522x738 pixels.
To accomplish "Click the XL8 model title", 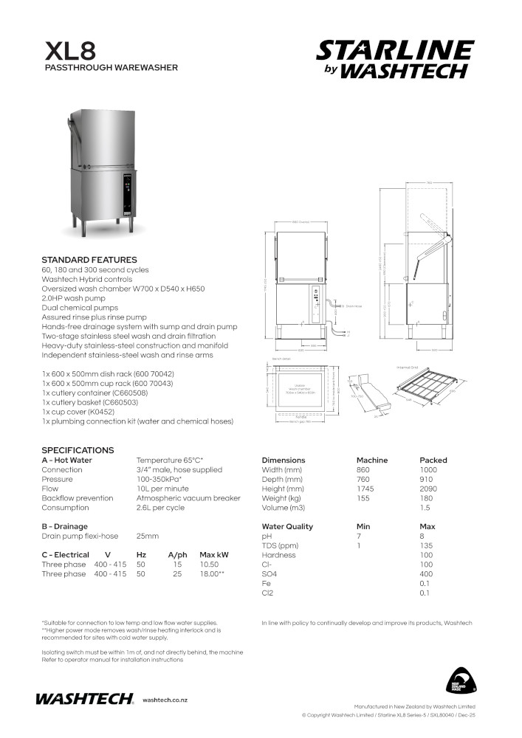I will click(x=70, y=51).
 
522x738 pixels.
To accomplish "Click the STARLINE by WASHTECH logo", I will click(x=395, y=59).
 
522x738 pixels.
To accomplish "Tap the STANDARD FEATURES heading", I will click(x=89, y=260).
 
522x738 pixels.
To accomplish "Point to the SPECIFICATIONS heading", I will click(x=78, y=450).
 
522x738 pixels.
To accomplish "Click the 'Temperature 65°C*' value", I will click(x=170, y=461).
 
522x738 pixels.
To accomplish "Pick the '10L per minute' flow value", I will click(x=162, y=489).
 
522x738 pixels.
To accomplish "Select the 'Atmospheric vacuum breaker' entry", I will click(x=188, y=498).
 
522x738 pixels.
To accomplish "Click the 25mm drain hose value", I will click(x=148, y=536).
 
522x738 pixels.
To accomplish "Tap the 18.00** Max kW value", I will click(x=212, y=573).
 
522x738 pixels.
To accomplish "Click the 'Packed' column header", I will click(x=433, y=461).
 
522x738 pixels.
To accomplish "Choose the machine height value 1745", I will click(x=366, y=489).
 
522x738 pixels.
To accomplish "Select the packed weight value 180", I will click(x=426, y=498).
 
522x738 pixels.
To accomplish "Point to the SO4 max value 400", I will click(x=426, y=573).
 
